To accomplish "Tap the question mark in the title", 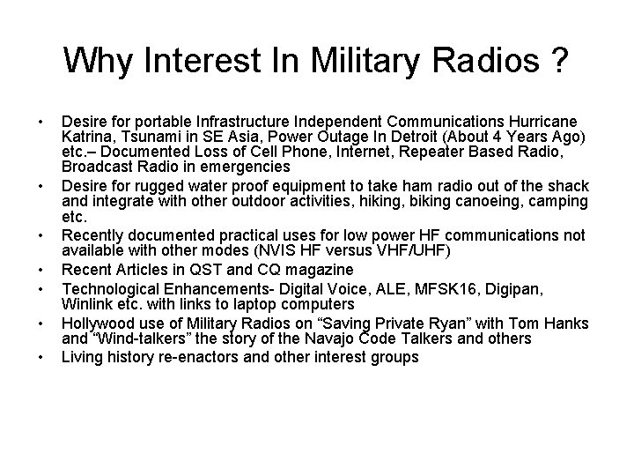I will (x=559, y=62).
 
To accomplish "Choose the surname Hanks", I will (x=564, y=324).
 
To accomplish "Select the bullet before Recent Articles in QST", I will (x=41, y=270).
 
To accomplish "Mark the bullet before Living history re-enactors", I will (x=41, y=358).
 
